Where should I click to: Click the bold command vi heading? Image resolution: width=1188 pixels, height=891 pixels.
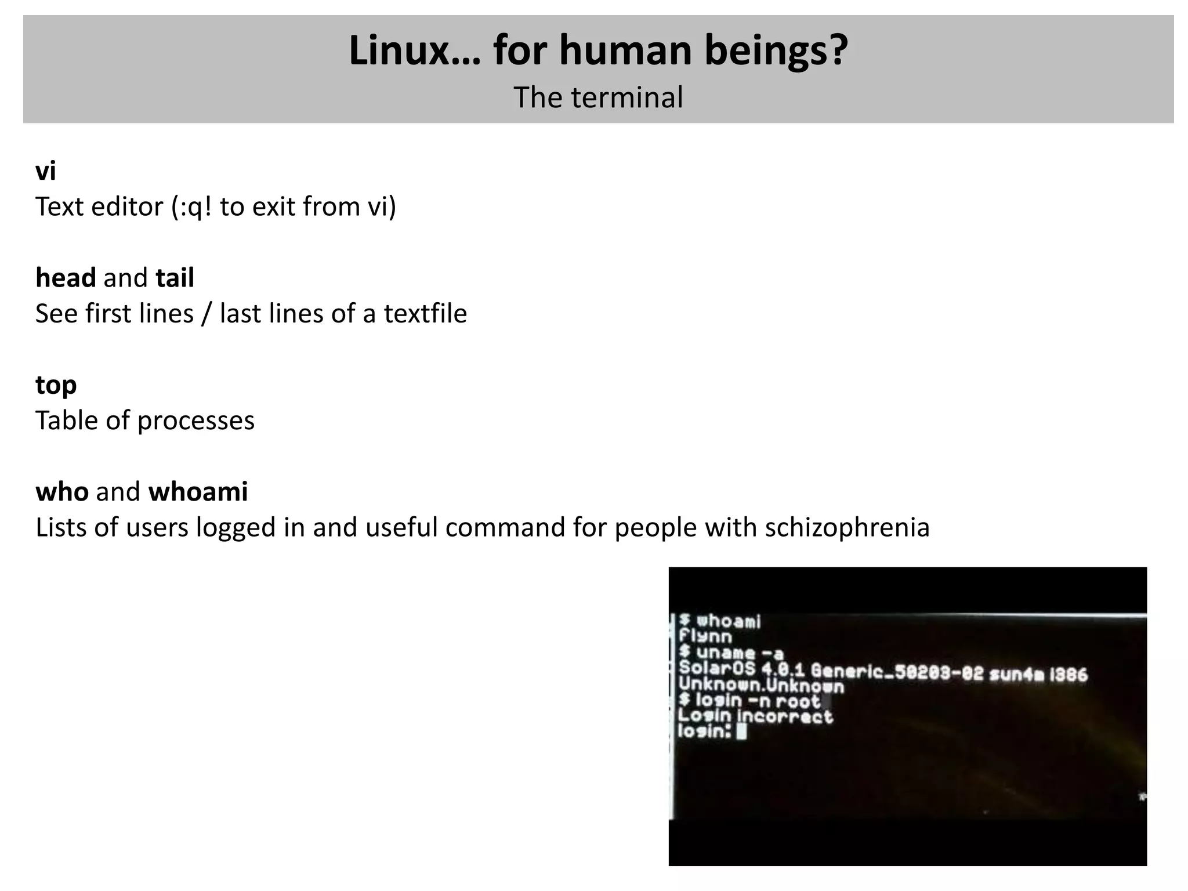[46, 171]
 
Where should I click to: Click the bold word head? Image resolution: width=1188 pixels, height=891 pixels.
[66, 278]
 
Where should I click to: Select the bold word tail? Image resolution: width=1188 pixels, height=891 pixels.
[175, 278]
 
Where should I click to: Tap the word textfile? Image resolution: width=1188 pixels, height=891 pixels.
[425, 314]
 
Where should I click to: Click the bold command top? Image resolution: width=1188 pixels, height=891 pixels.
[56, 386]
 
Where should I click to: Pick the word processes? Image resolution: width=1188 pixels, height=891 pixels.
[196, 421]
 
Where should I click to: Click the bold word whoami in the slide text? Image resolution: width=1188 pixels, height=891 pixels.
[198, 492]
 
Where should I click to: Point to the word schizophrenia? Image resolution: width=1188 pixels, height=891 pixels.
[847, 528]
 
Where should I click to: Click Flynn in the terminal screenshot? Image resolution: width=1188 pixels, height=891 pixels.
[705, 636]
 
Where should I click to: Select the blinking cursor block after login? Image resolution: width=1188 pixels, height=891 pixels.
[741, 732]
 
